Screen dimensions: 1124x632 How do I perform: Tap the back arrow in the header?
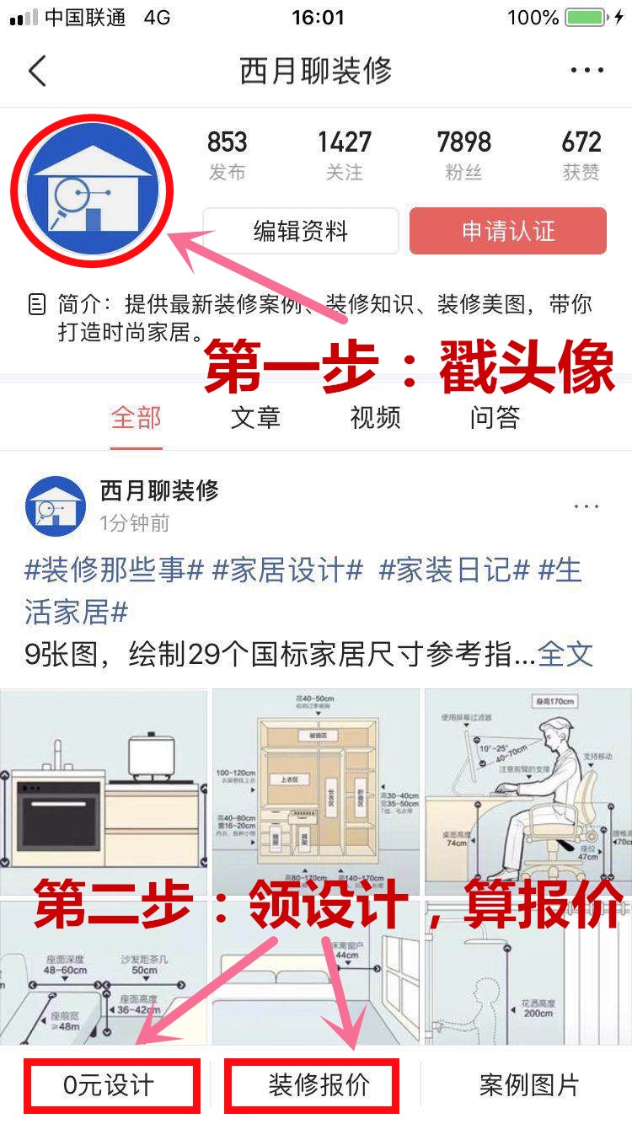click(37, 72)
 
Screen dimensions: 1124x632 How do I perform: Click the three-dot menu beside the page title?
click(586, 71)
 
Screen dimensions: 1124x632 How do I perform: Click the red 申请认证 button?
click(507, 231)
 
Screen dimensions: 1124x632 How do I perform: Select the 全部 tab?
click(136, 418)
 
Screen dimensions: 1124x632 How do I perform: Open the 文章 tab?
click(255, 418)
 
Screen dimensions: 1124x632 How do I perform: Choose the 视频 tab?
click(375, 418)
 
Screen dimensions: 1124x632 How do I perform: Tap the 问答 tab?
click(495, 418)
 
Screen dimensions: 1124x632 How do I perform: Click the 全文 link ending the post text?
click(565, 653)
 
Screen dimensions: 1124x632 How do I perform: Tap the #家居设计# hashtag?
click(287, 571)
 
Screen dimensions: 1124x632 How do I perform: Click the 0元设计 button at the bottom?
click(110, 1084)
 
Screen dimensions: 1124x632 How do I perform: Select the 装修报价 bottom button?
click(319, 1084)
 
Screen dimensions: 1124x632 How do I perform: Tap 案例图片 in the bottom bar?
click(528, 1084)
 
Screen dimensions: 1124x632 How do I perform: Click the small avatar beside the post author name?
click(56, 506)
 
